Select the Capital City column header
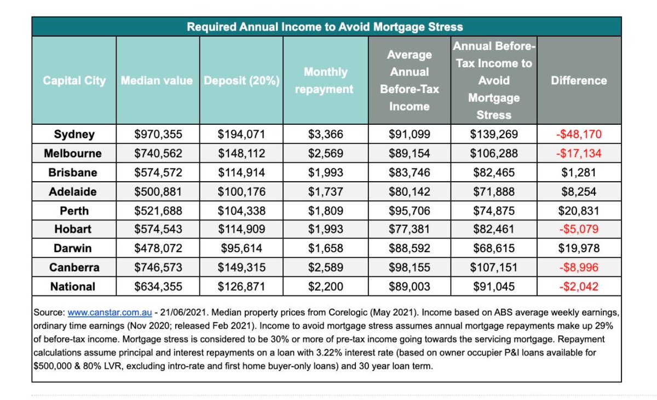(74, 80)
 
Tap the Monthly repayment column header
(325, 80)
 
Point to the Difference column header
(579, 80)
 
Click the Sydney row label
(74, 134)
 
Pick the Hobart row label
(74, 229)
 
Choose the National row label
(73, 286)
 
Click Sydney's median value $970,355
(158, 134)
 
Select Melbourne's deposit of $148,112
(241, 153)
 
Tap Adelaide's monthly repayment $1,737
(325, 192)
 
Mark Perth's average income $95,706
(410, 210)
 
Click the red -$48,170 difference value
(579, 134)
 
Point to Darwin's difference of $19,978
(579, 248)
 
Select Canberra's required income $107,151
(493, 268)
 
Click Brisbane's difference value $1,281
(579, 172)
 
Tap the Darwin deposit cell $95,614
(241, 248)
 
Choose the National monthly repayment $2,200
(325, 286)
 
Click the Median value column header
(157, 80)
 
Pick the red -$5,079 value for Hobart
(579, 229)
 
